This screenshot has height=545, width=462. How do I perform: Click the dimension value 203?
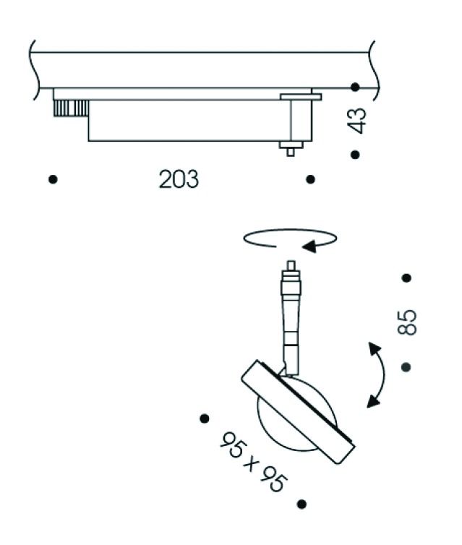[179, 179]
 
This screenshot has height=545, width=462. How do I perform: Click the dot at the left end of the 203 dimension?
[53, 179]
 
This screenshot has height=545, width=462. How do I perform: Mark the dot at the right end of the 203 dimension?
[310, 179]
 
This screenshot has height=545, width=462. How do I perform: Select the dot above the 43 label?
[355, 87]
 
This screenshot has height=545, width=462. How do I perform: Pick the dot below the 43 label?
[355, 155]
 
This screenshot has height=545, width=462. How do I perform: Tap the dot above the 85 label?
[406, 278]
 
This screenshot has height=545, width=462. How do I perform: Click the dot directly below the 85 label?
[406, 366]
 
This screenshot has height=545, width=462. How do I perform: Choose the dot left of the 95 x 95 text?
[205, 418]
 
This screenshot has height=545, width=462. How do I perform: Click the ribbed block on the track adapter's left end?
[71, 108]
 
